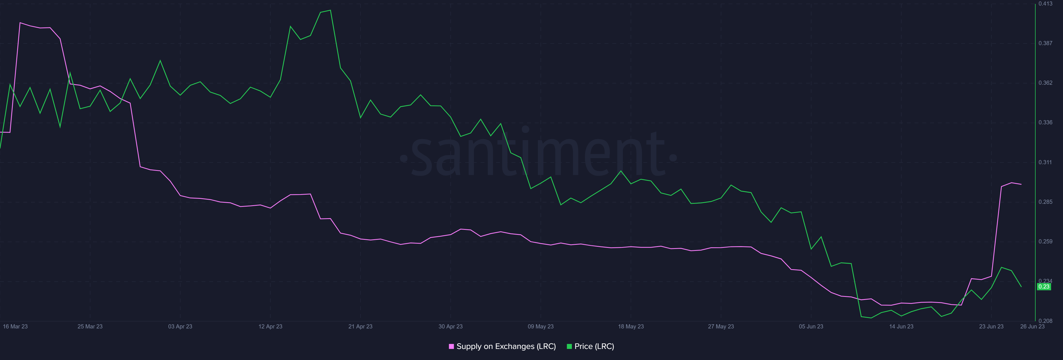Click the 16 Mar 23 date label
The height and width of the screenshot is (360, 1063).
coord(15,326)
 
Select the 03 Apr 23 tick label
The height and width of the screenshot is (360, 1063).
coord(180,326)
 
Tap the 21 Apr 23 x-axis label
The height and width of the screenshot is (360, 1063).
coord(360,326)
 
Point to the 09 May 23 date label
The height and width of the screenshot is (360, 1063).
coord(541,326)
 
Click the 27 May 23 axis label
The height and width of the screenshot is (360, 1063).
coord(721,326)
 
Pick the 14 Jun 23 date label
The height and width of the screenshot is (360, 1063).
coord(901,326)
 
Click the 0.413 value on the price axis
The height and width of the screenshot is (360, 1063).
coord(1045,4)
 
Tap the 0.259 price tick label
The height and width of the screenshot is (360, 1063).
coord(1045,241)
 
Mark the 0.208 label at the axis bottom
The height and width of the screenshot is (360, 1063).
coord(1045,321)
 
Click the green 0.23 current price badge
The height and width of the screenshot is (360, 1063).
coord(1044,287)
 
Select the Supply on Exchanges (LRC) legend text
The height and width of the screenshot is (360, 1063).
coord(506,346)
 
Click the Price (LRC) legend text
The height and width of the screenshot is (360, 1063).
coord(594,346)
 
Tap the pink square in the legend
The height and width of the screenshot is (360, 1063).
coord(451,346)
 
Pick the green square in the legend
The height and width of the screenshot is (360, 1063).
coord(569,346)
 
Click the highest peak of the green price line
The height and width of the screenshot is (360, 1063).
coord(331,10)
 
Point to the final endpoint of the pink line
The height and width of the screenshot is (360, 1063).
coord(1021,184)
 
